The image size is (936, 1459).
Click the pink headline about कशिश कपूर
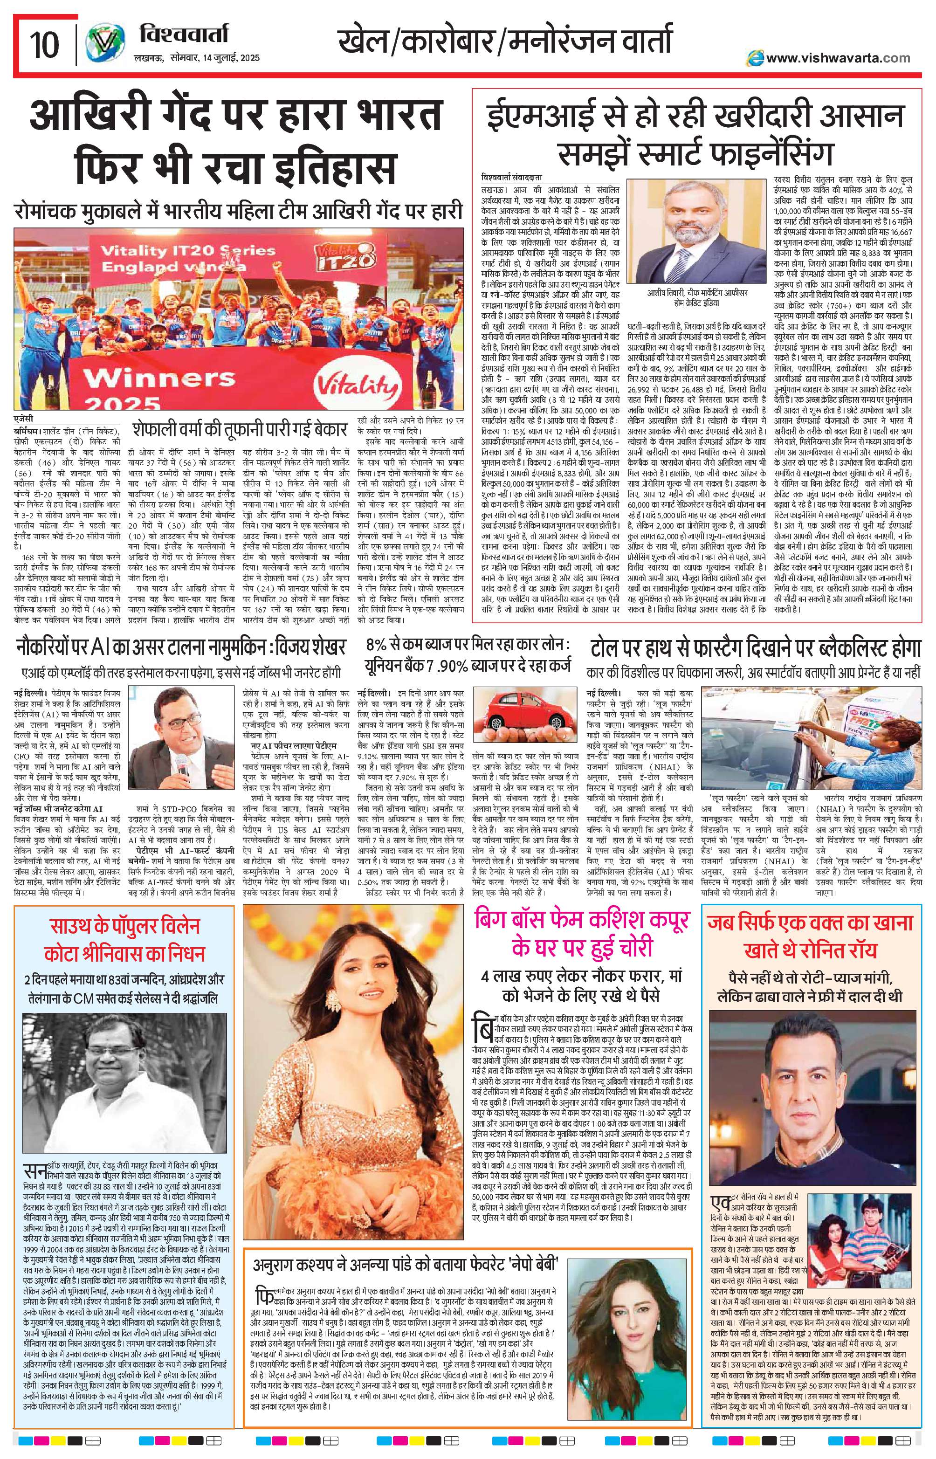click(584, 936)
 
